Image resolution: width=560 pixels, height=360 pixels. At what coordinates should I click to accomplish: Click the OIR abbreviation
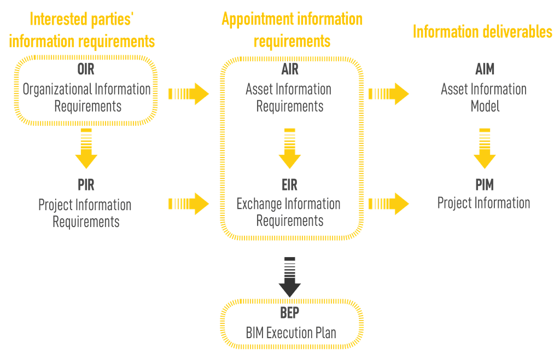(86, 70)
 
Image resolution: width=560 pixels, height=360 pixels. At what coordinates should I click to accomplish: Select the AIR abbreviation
(290, 70)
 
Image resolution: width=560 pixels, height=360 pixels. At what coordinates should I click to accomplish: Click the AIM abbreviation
(485, 70)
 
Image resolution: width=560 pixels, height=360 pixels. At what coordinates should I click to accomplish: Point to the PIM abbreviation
(485, 185)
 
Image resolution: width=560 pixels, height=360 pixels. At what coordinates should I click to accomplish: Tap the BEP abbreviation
(290, 313)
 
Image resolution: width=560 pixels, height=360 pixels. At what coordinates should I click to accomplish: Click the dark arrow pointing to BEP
(290, 276)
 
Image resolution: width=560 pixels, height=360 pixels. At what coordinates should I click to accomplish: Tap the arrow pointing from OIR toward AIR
(188, 94)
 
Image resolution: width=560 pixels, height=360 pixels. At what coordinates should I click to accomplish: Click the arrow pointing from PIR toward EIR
(188, 204)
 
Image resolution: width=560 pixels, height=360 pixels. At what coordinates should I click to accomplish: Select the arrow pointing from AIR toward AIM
(388, 94)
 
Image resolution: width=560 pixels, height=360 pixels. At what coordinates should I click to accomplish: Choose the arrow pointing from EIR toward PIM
(388, 204)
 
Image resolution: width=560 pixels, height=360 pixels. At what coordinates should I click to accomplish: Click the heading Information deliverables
(482, 32)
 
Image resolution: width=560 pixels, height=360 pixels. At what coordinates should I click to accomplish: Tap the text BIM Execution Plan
(290, 332)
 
